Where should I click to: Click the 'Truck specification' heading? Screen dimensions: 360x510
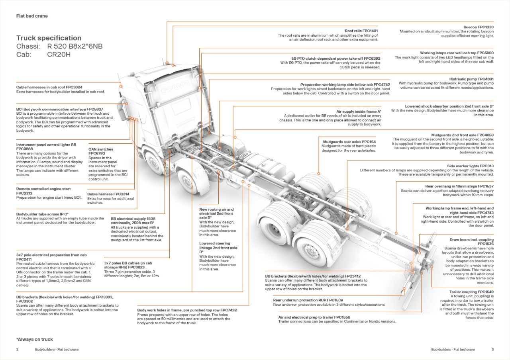click(x=49, y=38)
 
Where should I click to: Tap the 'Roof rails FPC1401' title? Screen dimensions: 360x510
click(x=361, y=31)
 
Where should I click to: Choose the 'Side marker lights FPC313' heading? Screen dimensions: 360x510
click(x=470, y=166)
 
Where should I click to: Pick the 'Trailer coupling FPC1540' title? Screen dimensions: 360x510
click(x=471, y=292)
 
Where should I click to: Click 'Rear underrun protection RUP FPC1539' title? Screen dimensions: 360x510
click(x=308, y=300)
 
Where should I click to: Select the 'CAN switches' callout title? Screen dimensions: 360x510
click(x=101, y=149)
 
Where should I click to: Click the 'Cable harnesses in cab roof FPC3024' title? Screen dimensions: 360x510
click(x=49, y=87)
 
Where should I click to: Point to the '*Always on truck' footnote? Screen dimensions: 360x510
click(x=35, y=339)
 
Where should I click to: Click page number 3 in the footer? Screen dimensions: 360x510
click(x=492, y=349)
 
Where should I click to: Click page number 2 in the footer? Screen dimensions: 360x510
click(x=18, y=349)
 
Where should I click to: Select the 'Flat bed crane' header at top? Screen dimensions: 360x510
click(x=32, y=16)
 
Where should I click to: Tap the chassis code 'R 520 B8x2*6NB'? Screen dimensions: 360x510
click(x=75, y=47)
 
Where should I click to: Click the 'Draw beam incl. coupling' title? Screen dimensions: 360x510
click(x=472, y=240)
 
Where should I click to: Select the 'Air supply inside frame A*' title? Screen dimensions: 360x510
click(x=359, y=112)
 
